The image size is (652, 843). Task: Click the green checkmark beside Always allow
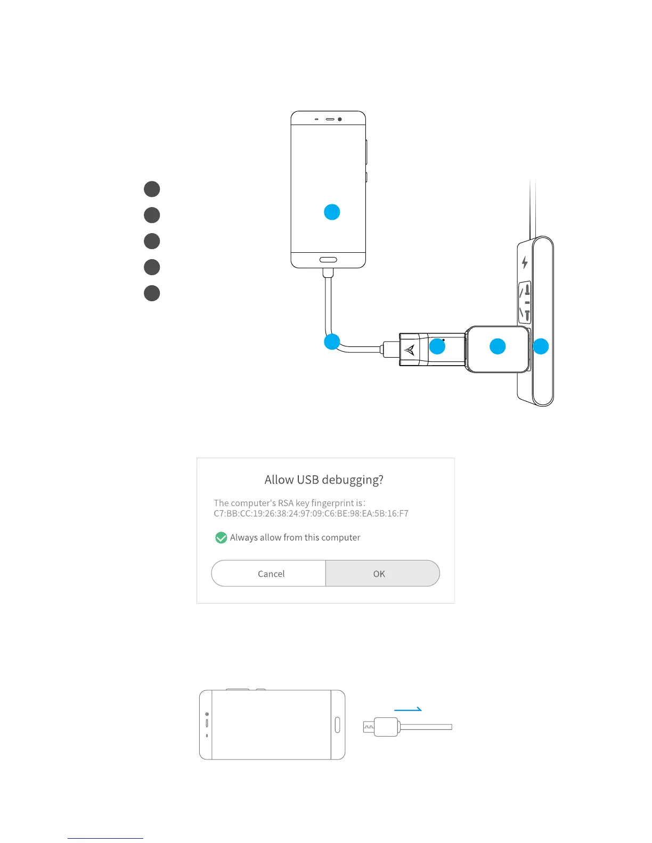coord(221,538)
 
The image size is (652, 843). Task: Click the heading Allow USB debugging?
coord(324,480)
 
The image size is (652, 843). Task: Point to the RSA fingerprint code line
coord(311,514)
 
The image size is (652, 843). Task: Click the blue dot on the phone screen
coord(332,212)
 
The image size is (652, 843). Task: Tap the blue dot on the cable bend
coord(332,342)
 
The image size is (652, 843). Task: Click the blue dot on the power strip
coord(541,346)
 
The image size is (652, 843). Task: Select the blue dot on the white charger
coord(498,346)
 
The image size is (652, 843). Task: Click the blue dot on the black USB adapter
coord(437,346)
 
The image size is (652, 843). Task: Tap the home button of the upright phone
coord(328,260)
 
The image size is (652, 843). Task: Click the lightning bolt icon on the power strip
coord(525,262)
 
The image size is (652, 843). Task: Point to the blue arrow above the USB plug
coord(408,709)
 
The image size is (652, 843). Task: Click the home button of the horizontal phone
coord(337,724)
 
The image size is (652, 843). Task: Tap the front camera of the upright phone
coord(340,119)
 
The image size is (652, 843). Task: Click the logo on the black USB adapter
coord(410,350)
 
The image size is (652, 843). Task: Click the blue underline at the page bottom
coord(105,838)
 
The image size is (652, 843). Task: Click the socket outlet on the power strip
coord(525,302)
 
